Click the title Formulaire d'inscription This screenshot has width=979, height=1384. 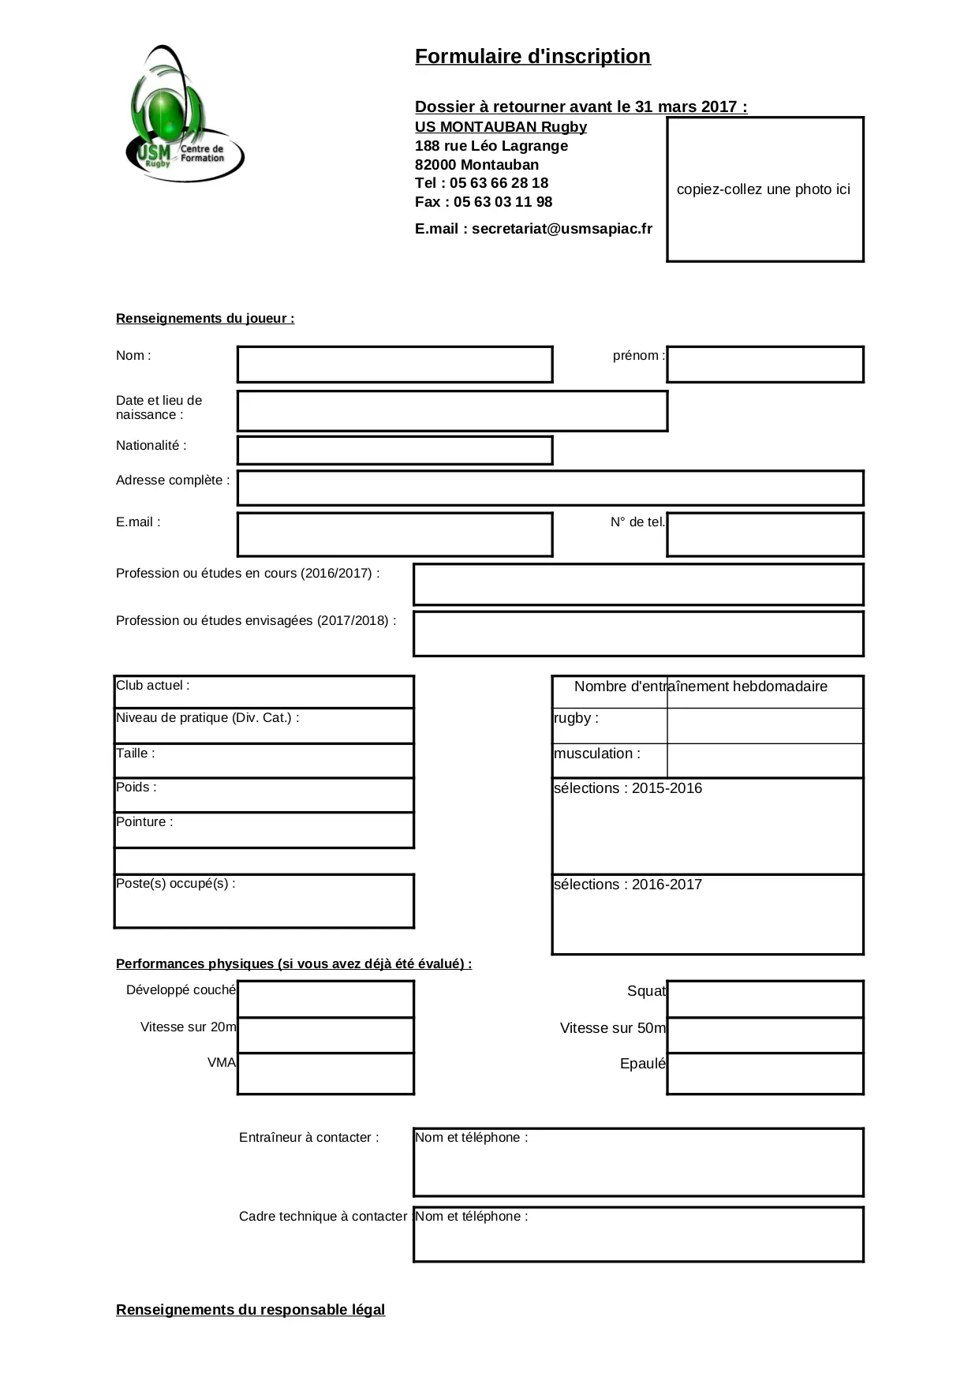click(x=532, y=57)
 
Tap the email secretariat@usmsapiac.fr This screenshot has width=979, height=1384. click(x=562, y=229)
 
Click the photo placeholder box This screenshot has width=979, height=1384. click(x=764, y=189)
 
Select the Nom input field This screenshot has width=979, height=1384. click(x=394, y=365)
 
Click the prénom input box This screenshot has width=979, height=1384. click(x=764, y=365)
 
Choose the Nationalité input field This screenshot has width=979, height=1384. click(x=394, y=451)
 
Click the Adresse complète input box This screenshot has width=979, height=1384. click(x=550, y=488)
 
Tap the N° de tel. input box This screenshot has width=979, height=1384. click(x=764, y=534)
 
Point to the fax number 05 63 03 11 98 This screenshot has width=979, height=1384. click(x=503, y=202)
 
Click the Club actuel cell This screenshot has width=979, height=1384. click(x=263, y=692)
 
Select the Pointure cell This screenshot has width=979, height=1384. click(x=263, y=830)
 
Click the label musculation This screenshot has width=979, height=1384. click(x=597, y=754)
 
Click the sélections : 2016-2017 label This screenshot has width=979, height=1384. click(x=628, y=885)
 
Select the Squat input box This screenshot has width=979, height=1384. click(x=764, y=999)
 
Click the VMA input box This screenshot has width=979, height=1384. click(x=325, y=1073)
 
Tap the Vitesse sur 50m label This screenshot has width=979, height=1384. click(x=612, y=1028)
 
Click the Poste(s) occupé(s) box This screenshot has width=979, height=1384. click(x=263, y=901)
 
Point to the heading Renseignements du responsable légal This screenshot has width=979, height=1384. click(x=250, y=1310)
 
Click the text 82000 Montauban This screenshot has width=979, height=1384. click(x=476, y=165)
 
